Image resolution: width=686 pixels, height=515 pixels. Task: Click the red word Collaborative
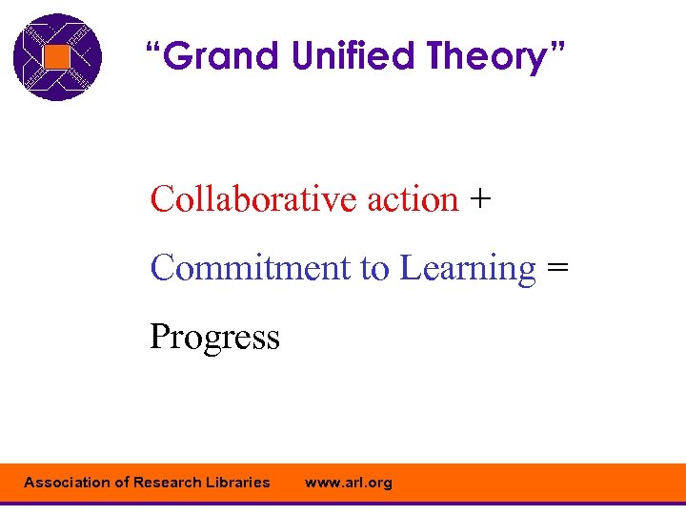click(x=253, y=199)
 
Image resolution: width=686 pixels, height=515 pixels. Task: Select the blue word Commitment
click(x=251, y=268)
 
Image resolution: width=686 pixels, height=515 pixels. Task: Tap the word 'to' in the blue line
click(x=374, y=269)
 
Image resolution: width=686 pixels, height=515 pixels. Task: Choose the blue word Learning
click(x=468, y=270)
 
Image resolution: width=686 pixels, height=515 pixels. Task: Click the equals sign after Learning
click(x=557, y=269)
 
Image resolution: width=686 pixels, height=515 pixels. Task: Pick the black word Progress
click(x=214, y=338)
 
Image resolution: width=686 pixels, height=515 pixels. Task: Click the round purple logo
click(x=57, y=57)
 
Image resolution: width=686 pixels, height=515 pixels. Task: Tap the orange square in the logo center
click(x=57, y=57)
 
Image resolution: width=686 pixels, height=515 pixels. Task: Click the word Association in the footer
click(x=67, y=483)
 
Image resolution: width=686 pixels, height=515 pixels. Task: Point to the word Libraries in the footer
click(x=238, y=483)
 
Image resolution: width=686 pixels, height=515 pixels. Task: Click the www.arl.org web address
click(x=348, y=483)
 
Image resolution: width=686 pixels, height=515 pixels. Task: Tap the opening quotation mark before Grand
click(x=152, y=48)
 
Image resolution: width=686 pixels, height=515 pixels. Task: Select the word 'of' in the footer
click(x=122, y=483)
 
